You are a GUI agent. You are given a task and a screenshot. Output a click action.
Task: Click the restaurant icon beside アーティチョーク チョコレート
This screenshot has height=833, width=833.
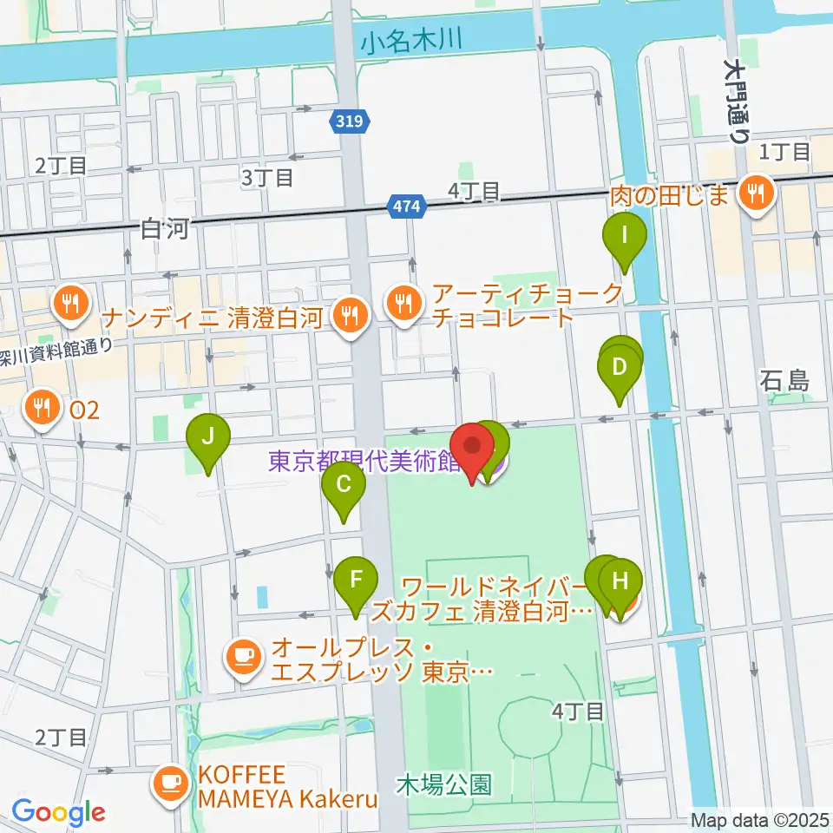403,302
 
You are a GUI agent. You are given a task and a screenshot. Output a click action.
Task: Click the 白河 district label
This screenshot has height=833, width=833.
164,228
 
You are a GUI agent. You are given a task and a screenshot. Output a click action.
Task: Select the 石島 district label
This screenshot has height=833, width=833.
784,380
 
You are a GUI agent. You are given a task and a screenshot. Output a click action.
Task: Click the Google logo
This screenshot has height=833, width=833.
59,812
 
